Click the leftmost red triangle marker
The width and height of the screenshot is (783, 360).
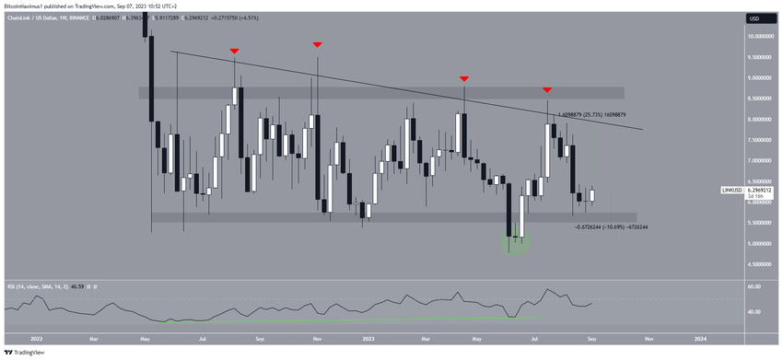pos(235,51)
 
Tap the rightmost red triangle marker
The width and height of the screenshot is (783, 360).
pos(547,89)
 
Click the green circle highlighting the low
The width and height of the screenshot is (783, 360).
pos(515,242)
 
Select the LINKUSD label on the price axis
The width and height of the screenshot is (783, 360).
pos(733,191)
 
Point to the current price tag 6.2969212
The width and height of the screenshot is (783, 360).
pos(760,191)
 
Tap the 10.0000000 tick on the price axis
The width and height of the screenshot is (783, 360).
pos(759,36)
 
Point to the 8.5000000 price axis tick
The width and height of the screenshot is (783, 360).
pos(759,99)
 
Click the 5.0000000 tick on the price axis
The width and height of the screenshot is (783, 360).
pos(759,243)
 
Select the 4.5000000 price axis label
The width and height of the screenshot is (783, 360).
pos(759,264)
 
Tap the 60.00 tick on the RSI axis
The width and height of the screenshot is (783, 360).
pos(754,287)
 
